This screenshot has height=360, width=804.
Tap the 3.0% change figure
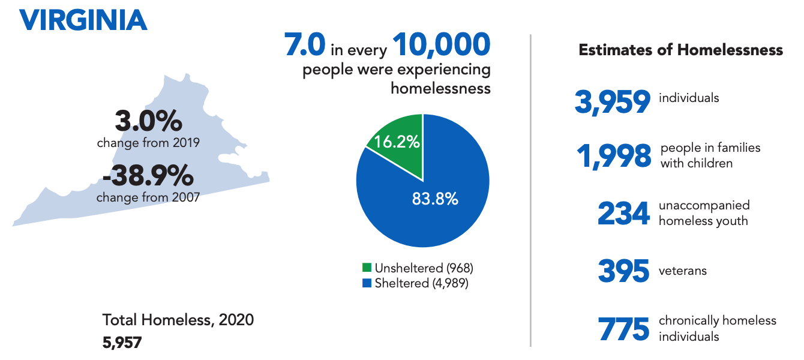pos(148,122)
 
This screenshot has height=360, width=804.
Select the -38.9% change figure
pos(148,176)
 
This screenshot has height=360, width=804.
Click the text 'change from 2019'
pos(148,143)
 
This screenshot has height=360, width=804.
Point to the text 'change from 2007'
pos(148,197)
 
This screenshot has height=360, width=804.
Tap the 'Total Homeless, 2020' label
pos(178,320)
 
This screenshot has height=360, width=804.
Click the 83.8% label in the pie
pos(435,199)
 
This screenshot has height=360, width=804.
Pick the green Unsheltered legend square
pos(367,268)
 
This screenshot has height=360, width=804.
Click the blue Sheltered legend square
pos(367,283)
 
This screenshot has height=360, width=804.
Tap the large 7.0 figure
pos(305,46)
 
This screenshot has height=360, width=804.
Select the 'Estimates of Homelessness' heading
pos(680,50)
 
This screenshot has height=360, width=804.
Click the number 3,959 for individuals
pos(613,102)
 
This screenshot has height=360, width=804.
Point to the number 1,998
pos(614,157)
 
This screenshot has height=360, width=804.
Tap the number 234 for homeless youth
pos(623,214)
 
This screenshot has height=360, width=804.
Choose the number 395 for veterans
pos(623,271)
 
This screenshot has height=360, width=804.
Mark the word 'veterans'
pos(683,271)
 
